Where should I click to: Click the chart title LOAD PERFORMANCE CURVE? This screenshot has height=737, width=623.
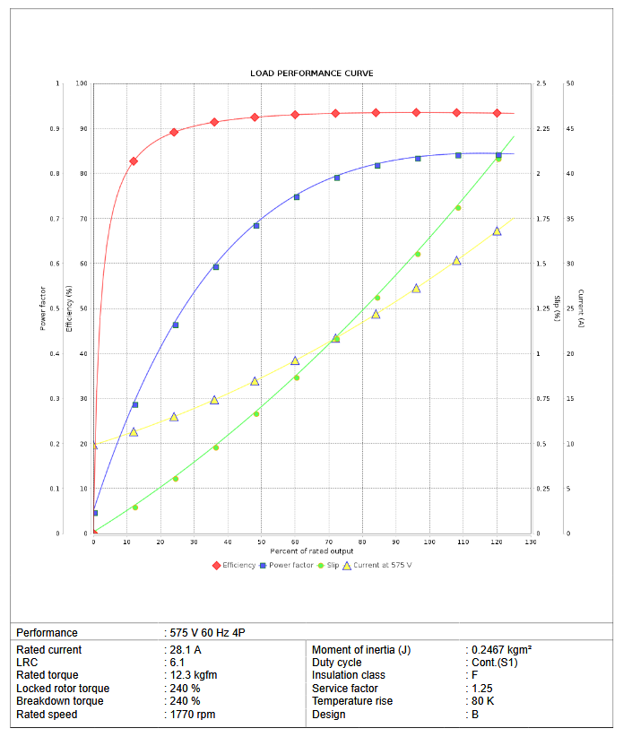311,73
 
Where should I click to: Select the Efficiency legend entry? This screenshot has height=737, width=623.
234,565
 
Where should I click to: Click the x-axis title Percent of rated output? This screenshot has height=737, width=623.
311,551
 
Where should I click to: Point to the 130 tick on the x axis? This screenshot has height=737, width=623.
531,542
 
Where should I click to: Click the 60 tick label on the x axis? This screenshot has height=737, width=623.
295,542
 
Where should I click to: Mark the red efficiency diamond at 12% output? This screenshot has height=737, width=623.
134,161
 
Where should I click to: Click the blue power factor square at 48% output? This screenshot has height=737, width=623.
256,226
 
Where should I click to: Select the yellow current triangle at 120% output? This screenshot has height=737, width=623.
497,231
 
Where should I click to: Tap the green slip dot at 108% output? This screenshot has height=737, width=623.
457,208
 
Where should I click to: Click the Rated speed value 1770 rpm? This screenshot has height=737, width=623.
192,715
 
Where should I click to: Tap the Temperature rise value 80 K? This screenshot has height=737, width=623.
480,701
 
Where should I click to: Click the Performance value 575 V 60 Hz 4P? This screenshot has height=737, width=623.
208,633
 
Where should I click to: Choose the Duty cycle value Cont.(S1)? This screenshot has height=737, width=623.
494,663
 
